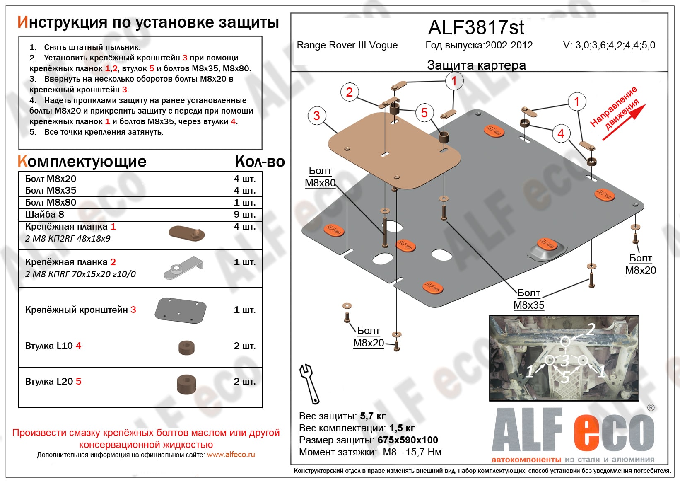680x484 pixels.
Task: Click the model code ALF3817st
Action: [x=476, y=28]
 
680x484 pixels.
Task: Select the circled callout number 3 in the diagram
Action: [x=317, y=116]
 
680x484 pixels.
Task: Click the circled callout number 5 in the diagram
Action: [x=424, y=113]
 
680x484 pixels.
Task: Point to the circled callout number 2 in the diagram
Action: [x=349, y=92]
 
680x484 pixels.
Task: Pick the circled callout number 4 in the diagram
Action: [x=561, y=133]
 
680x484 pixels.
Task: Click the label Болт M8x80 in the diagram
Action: [x=320, y=177]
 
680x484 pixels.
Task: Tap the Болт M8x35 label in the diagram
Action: [x=529, y=299]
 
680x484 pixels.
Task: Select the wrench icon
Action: [x=309, y=383]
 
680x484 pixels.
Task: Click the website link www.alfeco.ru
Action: [x=231, y=455]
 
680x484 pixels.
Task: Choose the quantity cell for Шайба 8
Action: [x=244, y=214]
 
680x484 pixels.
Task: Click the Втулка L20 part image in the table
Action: [x=186, y=384]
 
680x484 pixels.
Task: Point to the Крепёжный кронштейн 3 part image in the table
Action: [x=181, y=310]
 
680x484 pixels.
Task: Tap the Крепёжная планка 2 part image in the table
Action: [x=183, y=267]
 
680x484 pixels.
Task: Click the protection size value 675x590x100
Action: [x=408, y=440]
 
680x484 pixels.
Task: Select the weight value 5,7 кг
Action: [x=373, y=416]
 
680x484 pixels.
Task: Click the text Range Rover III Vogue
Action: [x=347, y=45]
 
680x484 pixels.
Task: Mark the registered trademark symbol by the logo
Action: [x=651, y=408]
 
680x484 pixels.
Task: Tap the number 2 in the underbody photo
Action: [x=591, y=329]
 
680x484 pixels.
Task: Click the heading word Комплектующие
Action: [x=82, y=162]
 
